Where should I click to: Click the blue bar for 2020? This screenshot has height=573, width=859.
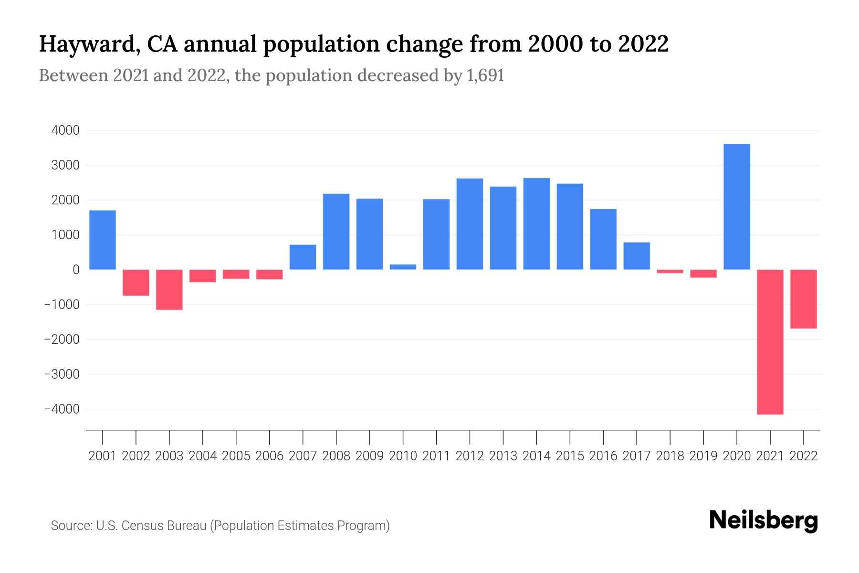pyautogui.click(x=737, y=207)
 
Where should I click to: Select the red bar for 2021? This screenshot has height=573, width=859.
pyautogui.click(x=770, y=341)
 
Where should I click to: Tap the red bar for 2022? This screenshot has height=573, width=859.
pyautogui.click(x=804, y=299)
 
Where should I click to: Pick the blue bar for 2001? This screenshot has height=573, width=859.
pyautogui.click(x=103, y=240)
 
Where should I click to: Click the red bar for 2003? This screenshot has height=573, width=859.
pyautogui.click(x=169, y=289)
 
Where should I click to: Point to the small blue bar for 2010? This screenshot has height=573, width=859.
pyautogui.click(x=403, y=267)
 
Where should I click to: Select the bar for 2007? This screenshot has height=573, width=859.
pyautogui.click(x=303, y=257)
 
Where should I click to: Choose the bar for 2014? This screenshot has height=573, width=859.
pyautogui.click(x=536, y=223)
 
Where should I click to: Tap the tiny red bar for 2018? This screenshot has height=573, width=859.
pyautogui.click(x=670, y=271)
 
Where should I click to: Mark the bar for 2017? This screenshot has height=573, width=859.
pyautogui.click(x=637, y=256)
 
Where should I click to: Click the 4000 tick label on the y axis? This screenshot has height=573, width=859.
pyautogui.click(x=65, y=130)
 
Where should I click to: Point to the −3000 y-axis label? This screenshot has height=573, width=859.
pyautogui.click(x=62, y=374)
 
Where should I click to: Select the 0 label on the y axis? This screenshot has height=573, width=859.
pyautogui.click(x=76, y=270)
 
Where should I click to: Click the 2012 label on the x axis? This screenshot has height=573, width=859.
pyautogui.click(x=470, y=456)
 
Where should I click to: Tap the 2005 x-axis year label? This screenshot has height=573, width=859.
pyautogui.click(x=236, y=456)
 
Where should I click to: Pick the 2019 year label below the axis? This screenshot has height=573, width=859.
pyautogui.click(x=703, y=456)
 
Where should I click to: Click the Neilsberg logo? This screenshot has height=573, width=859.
pyautogui.click(x=764, y=520)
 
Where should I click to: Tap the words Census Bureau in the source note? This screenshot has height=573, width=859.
pyautogui.click(x=163, y=526)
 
